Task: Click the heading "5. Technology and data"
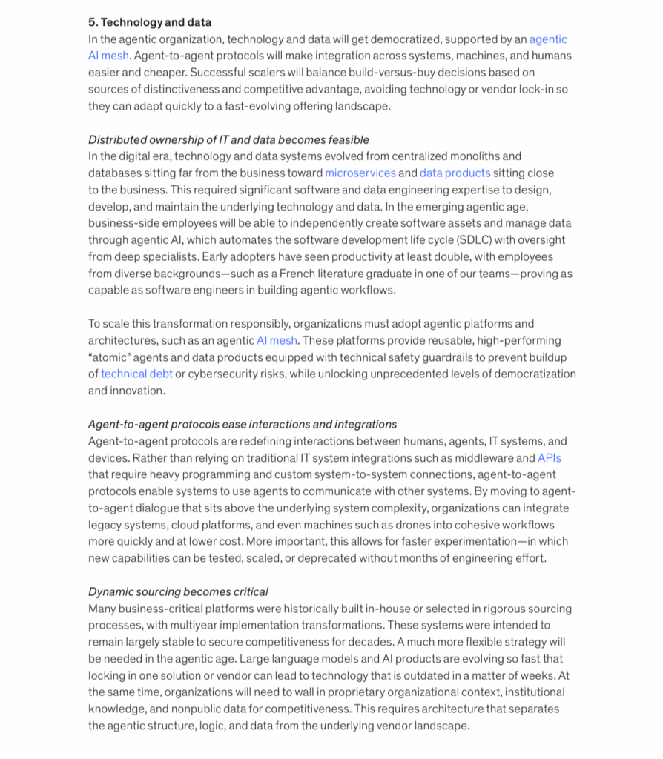[149, 22]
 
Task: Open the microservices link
[360, 173]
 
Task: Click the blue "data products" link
[455, 173]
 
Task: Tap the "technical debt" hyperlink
[136, 374]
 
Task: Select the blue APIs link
[549, 458]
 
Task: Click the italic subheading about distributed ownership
[228, 139]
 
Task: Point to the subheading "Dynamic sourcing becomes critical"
[178, 591]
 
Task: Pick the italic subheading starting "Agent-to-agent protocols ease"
[243, 424]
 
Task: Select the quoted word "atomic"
[110, 357]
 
